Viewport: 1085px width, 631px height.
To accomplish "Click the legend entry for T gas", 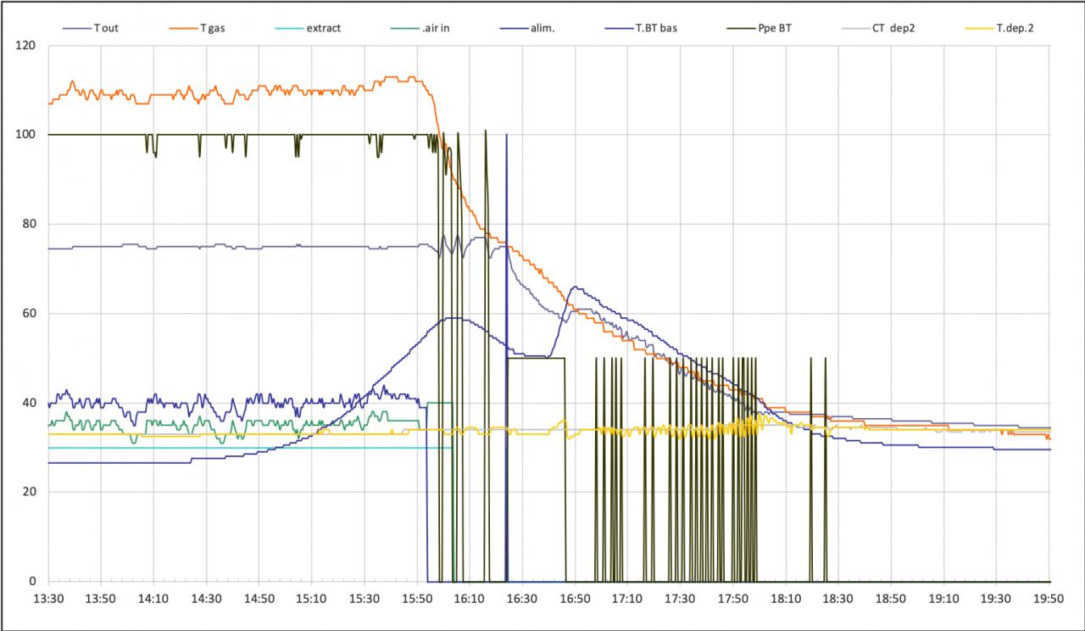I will pyautogui.click(x=213, y=28).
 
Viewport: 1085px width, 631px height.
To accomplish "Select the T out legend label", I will pyautogui.click(x=106, y=28).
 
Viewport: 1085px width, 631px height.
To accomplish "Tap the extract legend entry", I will pyautogui.click(x=323, y=28).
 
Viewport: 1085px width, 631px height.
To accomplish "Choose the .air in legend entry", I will pyautogui.click(x=436, y=28).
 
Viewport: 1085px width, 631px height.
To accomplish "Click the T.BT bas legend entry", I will pyautogui.click(x=656, y=28).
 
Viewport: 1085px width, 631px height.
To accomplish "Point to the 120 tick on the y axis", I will pyautogui.click(x=26, y=45).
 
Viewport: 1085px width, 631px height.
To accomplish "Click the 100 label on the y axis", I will pyautogui.click(x=26, y=134).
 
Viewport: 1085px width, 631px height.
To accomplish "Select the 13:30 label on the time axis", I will pyautogui.click(x=48, y=598).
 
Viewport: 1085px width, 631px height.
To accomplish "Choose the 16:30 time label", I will pyautogui.click(x=522, y=598).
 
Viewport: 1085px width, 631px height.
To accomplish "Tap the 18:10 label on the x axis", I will pyautogui.click(x=786, y=598).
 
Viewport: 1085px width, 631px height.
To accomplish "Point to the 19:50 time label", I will pyautogui.click(x=1049, y=598).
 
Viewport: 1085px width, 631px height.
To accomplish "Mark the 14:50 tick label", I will pyautogui.click(x=259, y=598).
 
